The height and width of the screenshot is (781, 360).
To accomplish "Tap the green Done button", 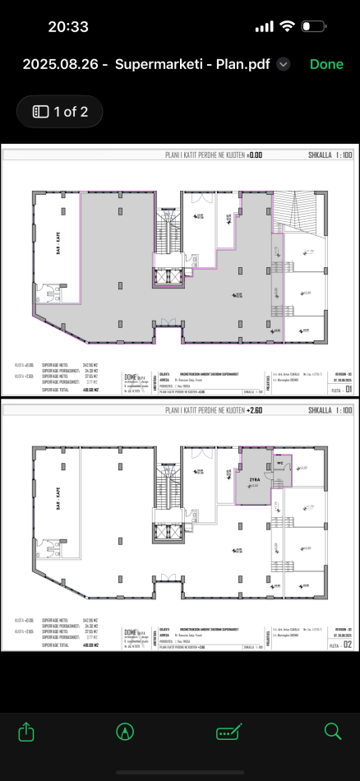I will pos(326,64).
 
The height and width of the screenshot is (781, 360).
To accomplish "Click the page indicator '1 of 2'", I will pos(60,112).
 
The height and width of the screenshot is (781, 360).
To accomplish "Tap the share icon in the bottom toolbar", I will pos(26,731).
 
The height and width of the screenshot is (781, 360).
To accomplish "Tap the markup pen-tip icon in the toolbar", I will pos(126,731).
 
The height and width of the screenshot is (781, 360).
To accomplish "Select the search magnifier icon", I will pos(332,731).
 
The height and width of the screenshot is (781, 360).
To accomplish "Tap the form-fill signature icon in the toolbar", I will pos(228,731).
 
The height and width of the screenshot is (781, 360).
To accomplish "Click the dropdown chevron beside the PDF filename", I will pos(284,64).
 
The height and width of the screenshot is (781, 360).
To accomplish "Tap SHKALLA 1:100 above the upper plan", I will pos(330,154).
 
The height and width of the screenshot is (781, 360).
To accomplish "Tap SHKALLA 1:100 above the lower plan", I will pos(330,409).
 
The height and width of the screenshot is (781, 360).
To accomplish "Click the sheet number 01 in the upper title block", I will pos(348,390).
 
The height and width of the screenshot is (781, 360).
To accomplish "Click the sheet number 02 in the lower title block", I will pos(348,645).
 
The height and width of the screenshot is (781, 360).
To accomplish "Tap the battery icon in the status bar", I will pos(313,26).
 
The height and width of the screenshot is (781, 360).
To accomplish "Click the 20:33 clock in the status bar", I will pos(68,26).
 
